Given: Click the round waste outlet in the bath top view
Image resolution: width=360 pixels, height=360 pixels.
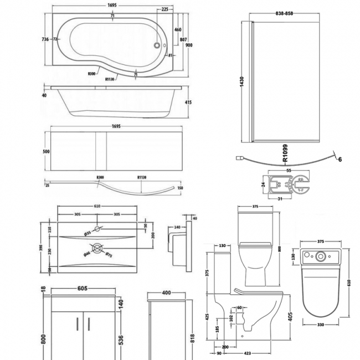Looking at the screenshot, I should (x=158, y=47).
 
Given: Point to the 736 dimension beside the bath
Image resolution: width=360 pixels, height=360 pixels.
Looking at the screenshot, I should (x=45, y=39).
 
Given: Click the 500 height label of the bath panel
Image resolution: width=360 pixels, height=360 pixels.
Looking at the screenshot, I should (x=47, y=151).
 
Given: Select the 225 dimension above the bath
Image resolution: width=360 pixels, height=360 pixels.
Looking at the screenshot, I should (x=166, y=9).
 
